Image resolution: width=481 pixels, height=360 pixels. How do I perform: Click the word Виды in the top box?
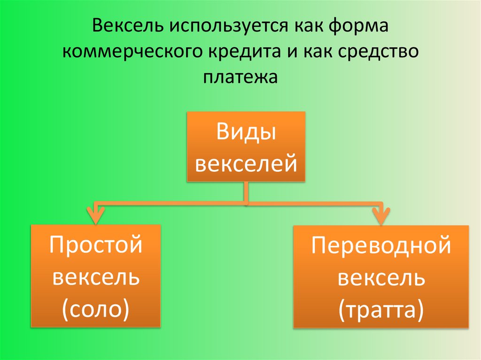[x=246, y=132]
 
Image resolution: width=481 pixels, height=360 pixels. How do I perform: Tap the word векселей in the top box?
[x=246, y=162]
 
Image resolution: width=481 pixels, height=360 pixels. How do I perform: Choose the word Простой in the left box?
[x=96, y=245]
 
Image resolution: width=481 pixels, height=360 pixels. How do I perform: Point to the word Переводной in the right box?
[x=381, y=246]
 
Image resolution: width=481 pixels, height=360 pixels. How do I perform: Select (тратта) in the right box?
[x=381, y=309]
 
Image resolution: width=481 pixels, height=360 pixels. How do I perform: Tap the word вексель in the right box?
[x=381, y=278]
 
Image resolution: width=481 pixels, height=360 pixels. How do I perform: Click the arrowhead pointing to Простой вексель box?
[x=96, y=217]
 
